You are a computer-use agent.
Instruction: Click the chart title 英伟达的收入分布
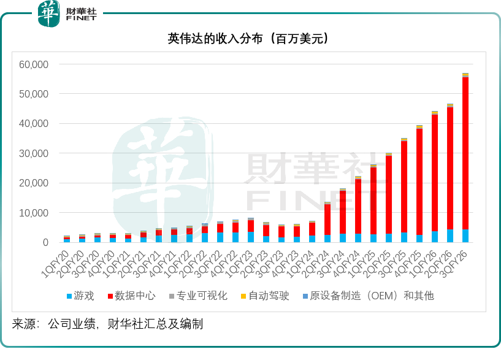click(x=250, y=39)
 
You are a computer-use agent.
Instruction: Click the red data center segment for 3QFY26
click(x=465, y=153)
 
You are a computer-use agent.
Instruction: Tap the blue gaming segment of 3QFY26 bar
click(x=465, y=236)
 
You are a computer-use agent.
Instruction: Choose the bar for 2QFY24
click(x=327, y=222)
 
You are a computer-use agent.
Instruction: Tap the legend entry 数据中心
click(x=131, y=296)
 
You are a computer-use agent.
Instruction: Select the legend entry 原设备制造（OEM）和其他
click(x=372, y=296)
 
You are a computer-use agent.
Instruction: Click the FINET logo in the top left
click(x=67, y=13)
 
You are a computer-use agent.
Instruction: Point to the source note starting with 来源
click(x=107, y=323)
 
